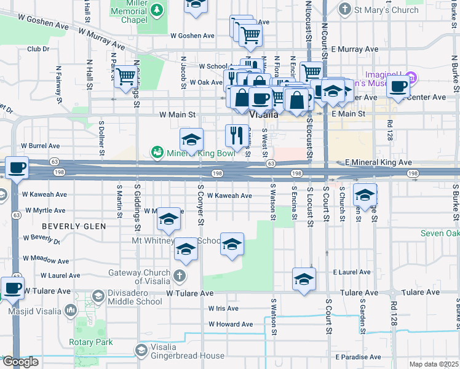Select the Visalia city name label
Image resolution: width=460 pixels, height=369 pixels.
[x=264, y=114]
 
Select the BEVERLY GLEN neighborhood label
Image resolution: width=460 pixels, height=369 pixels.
[x=74, y=226]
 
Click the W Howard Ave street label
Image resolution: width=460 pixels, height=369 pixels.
[x=231, y=324]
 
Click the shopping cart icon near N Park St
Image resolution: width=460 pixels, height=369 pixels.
[x=125, y=77]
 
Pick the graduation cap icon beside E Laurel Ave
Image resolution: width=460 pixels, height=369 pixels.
[x=304, y=279]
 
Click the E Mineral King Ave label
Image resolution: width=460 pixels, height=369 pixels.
[x=378, y=162]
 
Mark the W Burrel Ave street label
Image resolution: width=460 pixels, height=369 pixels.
[x=41, y=146]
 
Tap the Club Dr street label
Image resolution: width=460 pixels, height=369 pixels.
[x=38, y=49]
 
